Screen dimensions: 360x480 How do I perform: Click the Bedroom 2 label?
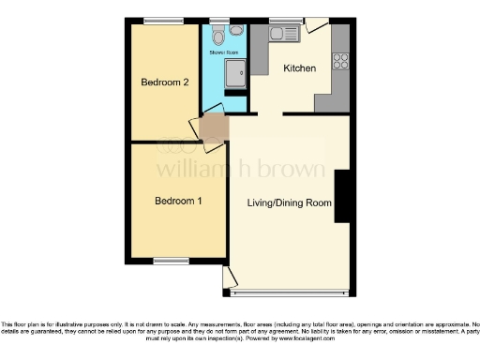click(x=165, y=82)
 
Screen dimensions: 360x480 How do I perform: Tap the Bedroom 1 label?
click(x=178, y=201)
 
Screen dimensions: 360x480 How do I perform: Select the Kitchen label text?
click(x=299, y=68)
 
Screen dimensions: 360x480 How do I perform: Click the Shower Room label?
click(x=223, y=53)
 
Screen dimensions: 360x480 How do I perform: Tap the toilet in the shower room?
click(x=217, y=36)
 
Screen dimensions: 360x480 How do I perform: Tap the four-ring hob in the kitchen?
click(x=340, y=63)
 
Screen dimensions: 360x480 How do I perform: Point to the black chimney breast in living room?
click(x=342, y=196)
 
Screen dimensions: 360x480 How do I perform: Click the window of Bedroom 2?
click(x=165, y=20)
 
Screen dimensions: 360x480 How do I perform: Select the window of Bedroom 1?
click(x=171, y=262)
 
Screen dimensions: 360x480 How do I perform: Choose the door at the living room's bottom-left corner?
click(x=230, y=278)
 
